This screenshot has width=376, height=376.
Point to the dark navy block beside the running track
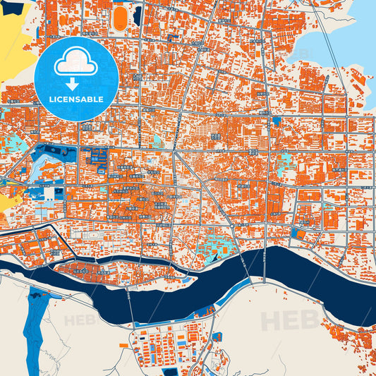point(137,13)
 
